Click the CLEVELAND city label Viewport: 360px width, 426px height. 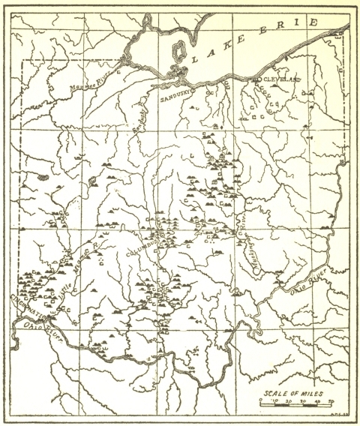tap(280, 79)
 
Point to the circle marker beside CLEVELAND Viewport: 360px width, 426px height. tap(256, 79)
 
